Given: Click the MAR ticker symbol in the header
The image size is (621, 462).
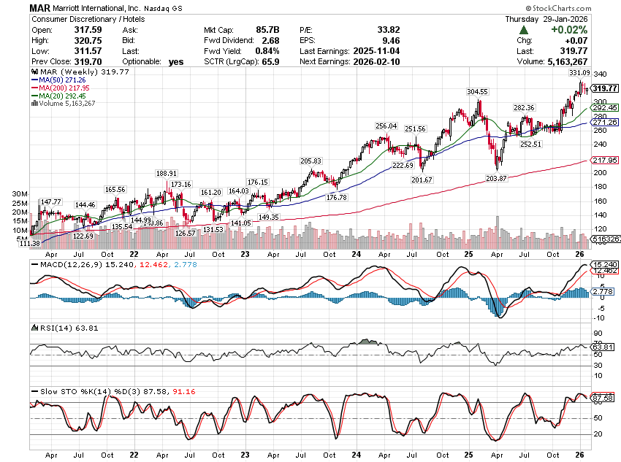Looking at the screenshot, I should click(39, 7).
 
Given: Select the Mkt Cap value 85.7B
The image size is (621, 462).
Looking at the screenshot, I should click(266, 29).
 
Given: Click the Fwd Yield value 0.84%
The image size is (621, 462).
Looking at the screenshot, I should click(267, 51).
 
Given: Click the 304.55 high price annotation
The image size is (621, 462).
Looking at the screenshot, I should click(477, 92).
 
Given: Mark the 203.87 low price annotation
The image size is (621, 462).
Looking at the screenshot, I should click(497, 178).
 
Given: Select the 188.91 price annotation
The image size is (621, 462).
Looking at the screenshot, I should click(167, 173).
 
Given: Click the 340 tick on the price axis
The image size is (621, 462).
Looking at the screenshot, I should click(600, 74).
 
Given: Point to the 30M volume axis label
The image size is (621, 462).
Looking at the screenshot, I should click(20, 194).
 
